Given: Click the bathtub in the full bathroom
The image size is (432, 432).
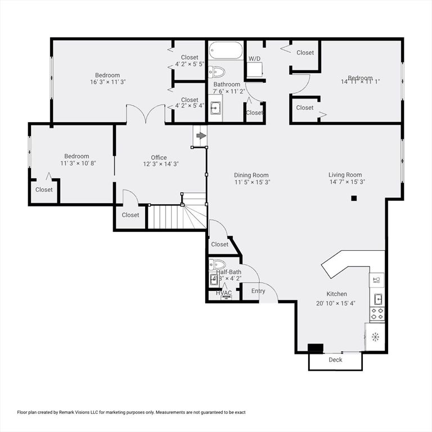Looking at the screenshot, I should tap(225, 51).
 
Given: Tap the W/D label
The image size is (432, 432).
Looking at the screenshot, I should tap(255, 58).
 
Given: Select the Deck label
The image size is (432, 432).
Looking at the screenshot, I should tap(335, 360).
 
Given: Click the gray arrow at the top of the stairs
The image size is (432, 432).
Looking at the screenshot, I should tap(201, 136).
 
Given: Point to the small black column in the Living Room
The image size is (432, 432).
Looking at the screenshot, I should tap(354, 198).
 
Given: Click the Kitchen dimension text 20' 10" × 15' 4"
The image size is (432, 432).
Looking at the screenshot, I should tap(336, 303).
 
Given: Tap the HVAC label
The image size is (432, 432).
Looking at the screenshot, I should tap(224, 293).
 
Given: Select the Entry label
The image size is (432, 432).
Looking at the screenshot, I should tap(258, 291).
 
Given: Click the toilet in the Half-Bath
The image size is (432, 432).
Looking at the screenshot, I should tap(217, 264).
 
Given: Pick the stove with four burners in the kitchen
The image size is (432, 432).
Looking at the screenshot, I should tap(376, 313).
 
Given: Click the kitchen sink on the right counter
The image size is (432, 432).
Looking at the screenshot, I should tap(378, 298).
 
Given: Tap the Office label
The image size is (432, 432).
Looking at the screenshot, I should tap(159, 157).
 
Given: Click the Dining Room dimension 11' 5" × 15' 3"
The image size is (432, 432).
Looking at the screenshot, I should tap(251, 182).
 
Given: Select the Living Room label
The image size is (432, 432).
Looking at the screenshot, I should tap(345, 175).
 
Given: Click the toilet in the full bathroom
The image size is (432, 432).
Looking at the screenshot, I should tap(217, 71).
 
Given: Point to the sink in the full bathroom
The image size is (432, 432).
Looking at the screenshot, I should tap(216, 107).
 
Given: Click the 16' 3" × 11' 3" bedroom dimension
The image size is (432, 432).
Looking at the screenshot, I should tap(107, 82).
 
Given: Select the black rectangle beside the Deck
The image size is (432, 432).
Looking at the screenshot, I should tap(316, 348).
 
